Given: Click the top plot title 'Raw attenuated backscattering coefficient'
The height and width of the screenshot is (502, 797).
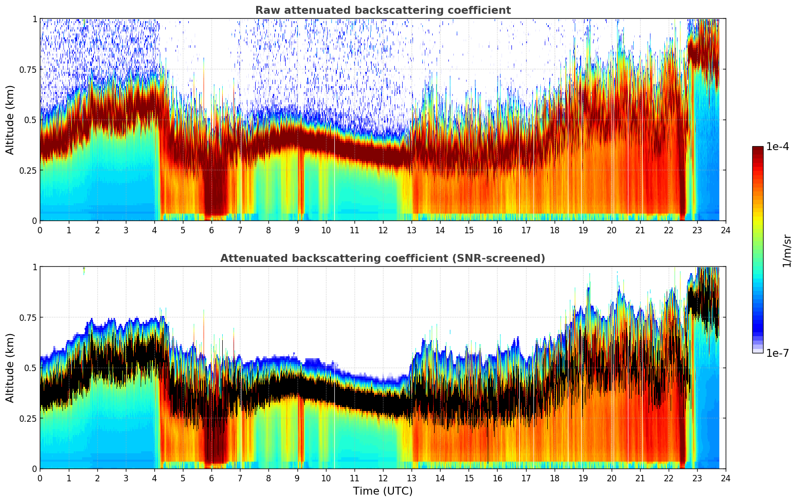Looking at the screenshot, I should pos(383,10).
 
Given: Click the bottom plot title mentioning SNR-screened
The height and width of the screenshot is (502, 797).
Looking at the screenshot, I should pos(383,258).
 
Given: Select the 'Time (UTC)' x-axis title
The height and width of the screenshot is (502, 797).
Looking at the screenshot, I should pos(383,491).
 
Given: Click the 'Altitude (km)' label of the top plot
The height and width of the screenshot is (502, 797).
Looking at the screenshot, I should pos(10,120).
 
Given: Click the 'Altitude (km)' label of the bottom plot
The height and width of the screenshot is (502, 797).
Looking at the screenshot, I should pos(10,368).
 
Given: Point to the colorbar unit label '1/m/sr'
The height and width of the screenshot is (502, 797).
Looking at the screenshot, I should pos(787,251).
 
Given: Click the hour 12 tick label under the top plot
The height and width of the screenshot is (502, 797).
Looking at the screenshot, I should pos(383,230).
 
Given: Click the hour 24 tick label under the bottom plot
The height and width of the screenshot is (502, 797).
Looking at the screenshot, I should pos(725,478).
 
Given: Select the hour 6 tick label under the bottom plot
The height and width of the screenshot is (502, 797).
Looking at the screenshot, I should pos(211,478).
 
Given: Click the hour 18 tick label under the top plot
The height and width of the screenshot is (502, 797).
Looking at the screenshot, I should pos(554,230).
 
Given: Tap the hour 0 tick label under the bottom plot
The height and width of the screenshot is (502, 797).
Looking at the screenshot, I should pos(40,478).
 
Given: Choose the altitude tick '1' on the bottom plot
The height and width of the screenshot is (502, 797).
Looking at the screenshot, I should pos(34,267).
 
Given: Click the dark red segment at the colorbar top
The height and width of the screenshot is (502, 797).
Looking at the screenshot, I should pos(758,150).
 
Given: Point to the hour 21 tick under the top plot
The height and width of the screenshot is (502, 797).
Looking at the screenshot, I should pos(640,230).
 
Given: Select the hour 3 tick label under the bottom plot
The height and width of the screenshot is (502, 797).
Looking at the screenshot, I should pos(126,478).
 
